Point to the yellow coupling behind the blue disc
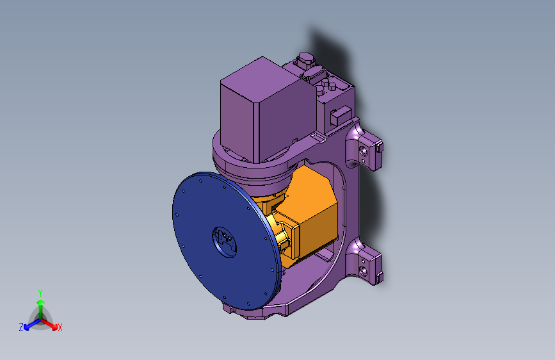(278, 234)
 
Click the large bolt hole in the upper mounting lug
(363, 151)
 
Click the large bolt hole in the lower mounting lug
(363, 272)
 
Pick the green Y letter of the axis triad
(40, 293)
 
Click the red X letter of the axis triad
(60, 328)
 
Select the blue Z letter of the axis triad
(21, 327)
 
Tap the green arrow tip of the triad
(41, 302)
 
